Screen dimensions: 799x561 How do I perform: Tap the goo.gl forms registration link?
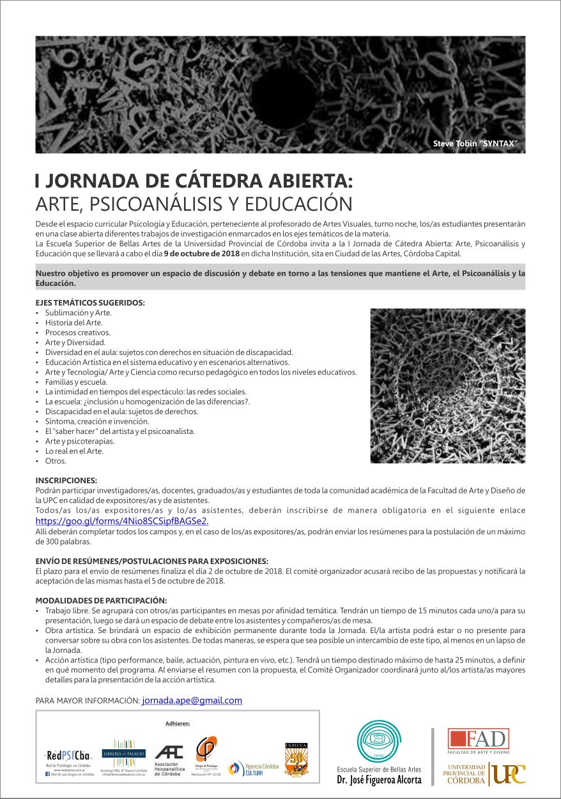[121, 521]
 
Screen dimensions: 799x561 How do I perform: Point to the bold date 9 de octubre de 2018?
[201, 253]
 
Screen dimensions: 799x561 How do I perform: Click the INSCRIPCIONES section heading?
[66, 480]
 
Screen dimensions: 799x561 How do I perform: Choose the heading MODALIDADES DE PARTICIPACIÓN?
[101, 601]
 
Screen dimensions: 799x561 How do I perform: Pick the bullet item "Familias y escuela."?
[76, 382]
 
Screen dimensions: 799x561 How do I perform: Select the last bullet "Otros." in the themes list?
[56, 461]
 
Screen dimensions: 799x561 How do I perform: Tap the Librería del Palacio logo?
[124, 753]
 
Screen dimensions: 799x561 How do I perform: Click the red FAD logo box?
[479, 740]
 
